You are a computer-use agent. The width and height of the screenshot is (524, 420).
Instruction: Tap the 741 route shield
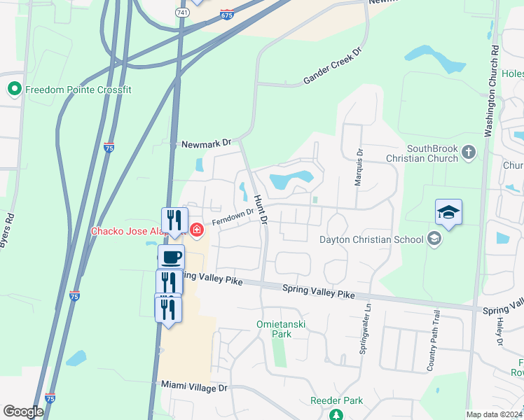point(181,13)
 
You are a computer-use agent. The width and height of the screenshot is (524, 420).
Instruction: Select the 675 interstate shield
point(226,14)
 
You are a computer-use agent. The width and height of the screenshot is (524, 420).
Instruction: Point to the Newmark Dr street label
point(206,143)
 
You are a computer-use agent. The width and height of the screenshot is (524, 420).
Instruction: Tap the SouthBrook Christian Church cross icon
point(469,151)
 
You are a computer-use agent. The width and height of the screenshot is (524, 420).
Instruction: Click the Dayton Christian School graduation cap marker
point(434,239)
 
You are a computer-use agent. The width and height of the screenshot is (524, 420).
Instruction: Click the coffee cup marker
point(171,257)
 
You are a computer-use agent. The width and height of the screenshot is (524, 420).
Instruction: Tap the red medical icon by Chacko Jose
point(197,229)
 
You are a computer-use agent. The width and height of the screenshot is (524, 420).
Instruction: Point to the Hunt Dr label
point(261,210)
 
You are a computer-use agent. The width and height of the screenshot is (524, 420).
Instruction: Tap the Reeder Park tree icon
point(336,414)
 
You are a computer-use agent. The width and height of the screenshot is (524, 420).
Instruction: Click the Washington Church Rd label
point(492,91)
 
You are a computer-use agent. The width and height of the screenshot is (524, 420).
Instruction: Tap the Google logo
point(24,412)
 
